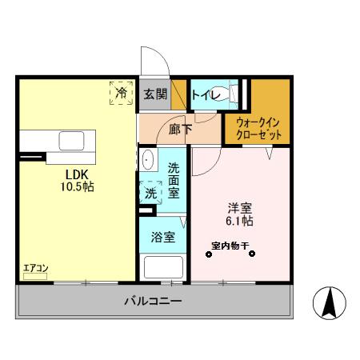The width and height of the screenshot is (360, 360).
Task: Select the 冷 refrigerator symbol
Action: (121, 94)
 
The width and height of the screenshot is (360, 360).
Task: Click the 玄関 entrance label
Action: (154, 94)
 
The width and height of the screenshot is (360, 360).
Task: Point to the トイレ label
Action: (205, 94)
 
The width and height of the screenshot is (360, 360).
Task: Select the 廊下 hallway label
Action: (179, 128)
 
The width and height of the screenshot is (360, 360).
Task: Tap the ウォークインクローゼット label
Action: (258, 128)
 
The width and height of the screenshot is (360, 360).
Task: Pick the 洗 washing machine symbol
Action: (150, 193)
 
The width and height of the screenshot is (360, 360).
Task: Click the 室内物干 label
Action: (230, 245)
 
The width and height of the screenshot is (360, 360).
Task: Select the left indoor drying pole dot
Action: (210, 255)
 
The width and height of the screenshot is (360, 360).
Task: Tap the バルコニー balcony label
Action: (152, 302)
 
